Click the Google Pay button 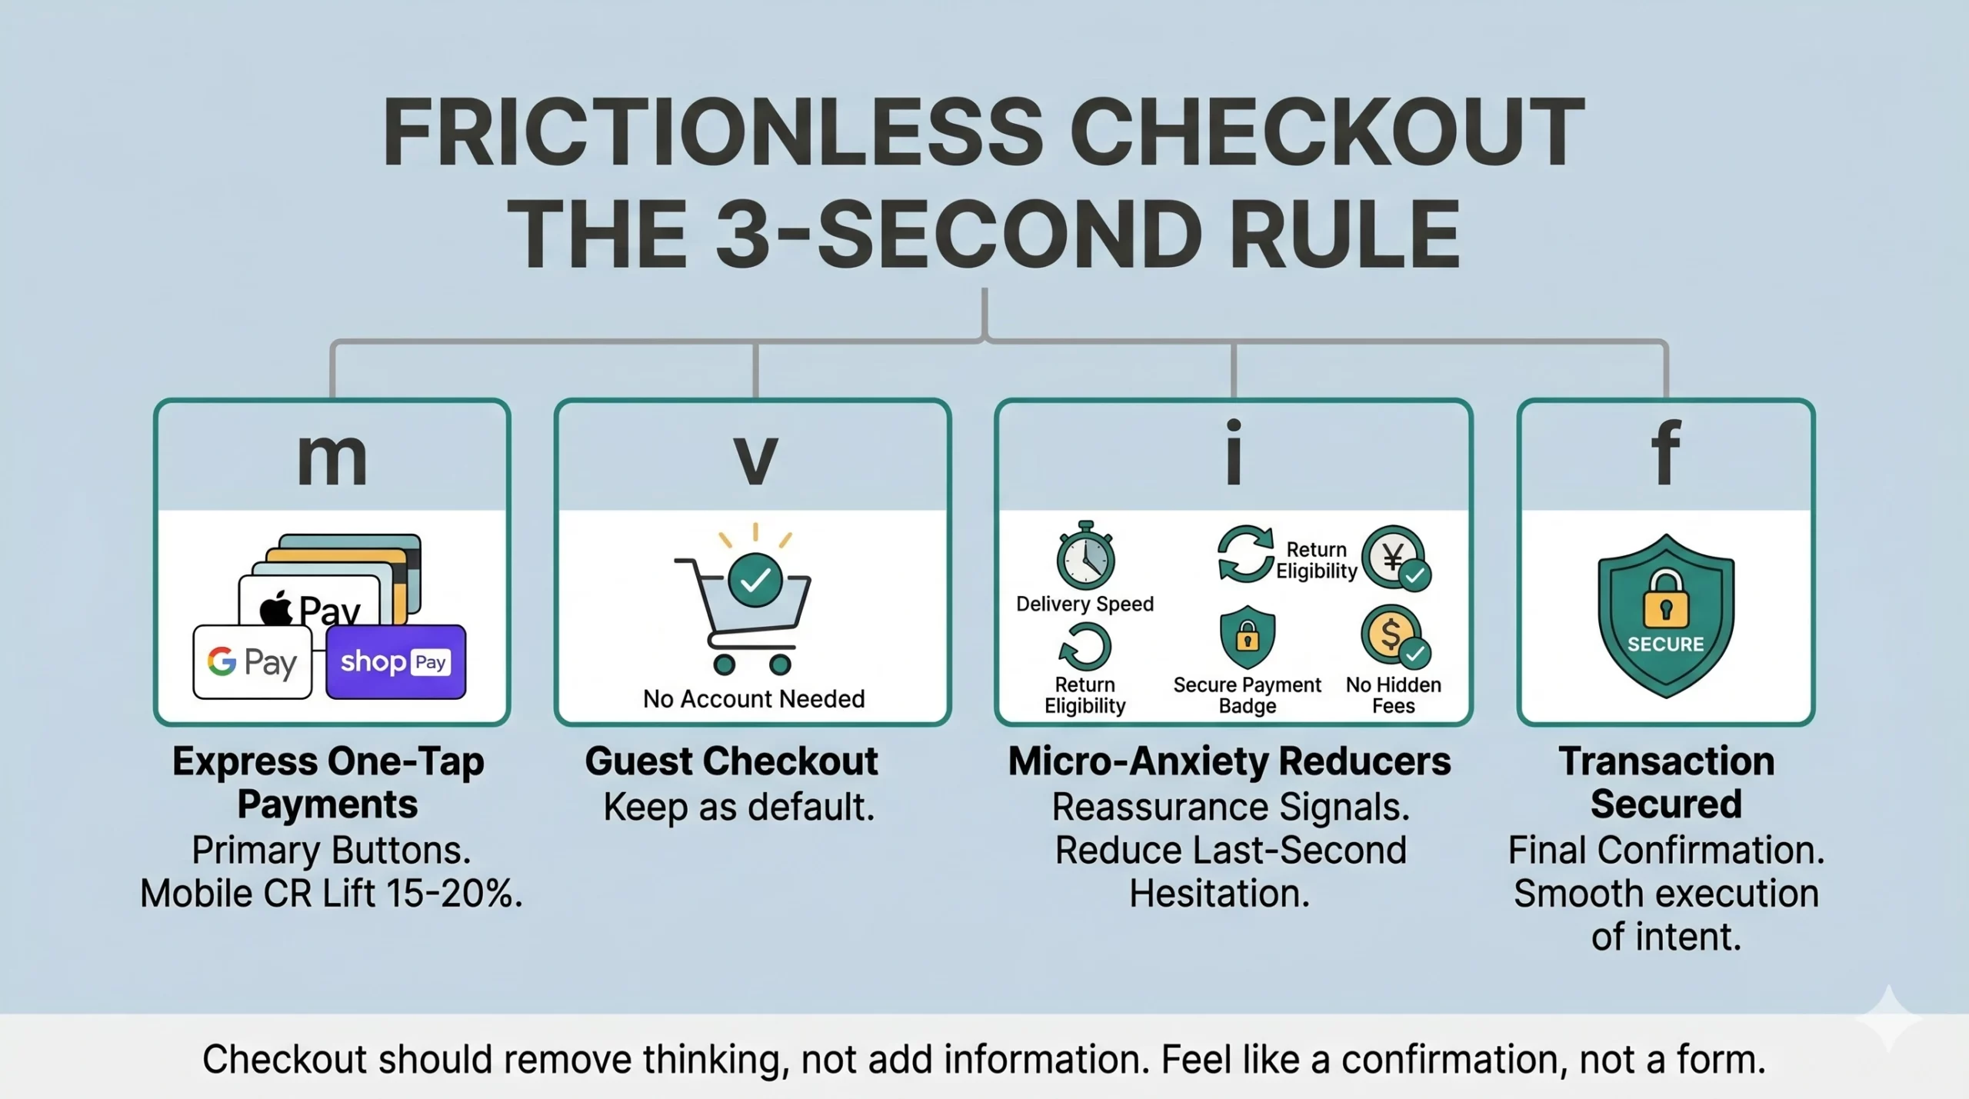[252, 661]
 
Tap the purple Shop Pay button [395, 661]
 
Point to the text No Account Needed [754, 698]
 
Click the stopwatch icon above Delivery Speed [1085, 555]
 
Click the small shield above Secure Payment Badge [1248, 637]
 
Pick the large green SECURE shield [1666, 616]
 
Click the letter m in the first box [331, 459]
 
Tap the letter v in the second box [755, 459]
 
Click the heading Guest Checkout [731, 761]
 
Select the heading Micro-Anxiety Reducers [1229, 761]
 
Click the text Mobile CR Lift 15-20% [331, 894]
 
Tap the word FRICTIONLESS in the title [713, 132]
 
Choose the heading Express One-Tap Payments [328, 783]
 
